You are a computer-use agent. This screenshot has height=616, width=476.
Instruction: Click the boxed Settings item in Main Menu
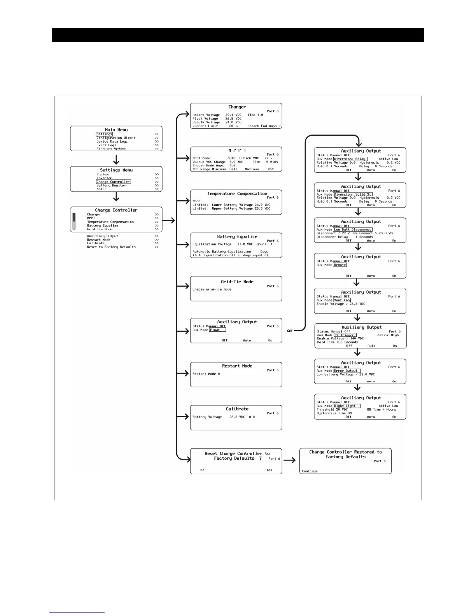[104, 134]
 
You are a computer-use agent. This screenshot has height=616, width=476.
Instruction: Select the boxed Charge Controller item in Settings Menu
[113, 182]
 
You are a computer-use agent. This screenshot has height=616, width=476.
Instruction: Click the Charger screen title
[237, 107]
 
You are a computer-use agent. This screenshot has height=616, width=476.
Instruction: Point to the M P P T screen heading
[237, 150]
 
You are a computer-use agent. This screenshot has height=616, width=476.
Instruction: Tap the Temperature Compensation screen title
[237, 193]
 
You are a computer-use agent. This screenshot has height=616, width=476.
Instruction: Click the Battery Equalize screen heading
[237, 236]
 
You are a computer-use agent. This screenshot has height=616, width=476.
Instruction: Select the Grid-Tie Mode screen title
[237, 282]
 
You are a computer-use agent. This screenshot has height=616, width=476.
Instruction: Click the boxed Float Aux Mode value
[217, 330]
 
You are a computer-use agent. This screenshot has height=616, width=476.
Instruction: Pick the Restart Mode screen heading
[237, 366]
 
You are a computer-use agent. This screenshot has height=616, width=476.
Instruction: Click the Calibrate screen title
[237, 409]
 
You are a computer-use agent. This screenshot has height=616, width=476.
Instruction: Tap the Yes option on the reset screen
[269, 470]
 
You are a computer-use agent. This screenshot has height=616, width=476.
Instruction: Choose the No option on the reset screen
[202, 470]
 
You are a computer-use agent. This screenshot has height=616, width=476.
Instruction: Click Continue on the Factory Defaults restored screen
[310, 471]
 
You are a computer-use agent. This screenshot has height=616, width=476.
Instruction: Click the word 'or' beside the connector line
[290, 331]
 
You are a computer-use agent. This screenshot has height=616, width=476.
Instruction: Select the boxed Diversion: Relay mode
[350, 159]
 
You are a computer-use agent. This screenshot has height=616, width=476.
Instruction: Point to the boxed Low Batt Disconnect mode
[353, 229]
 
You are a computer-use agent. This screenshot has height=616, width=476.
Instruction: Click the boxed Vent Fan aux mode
[342, 300]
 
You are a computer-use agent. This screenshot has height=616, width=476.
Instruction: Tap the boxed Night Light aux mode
[344, 406]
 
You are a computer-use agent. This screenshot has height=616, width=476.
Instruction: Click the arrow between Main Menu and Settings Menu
[116, 159]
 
